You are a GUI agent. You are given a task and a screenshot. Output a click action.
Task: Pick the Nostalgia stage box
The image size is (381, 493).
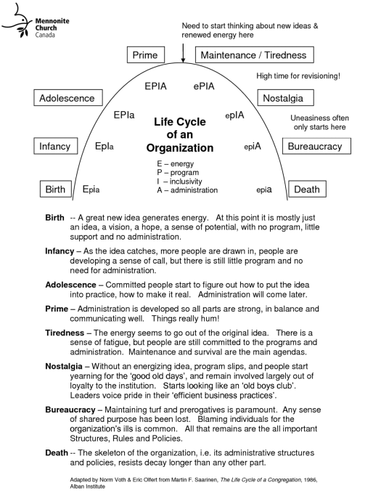[288, 97]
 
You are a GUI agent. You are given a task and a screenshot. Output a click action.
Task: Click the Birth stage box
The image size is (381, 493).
[55, 190]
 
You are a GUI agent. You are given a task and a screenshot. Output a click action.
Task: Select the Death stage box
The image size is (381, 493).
[306, 190]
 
